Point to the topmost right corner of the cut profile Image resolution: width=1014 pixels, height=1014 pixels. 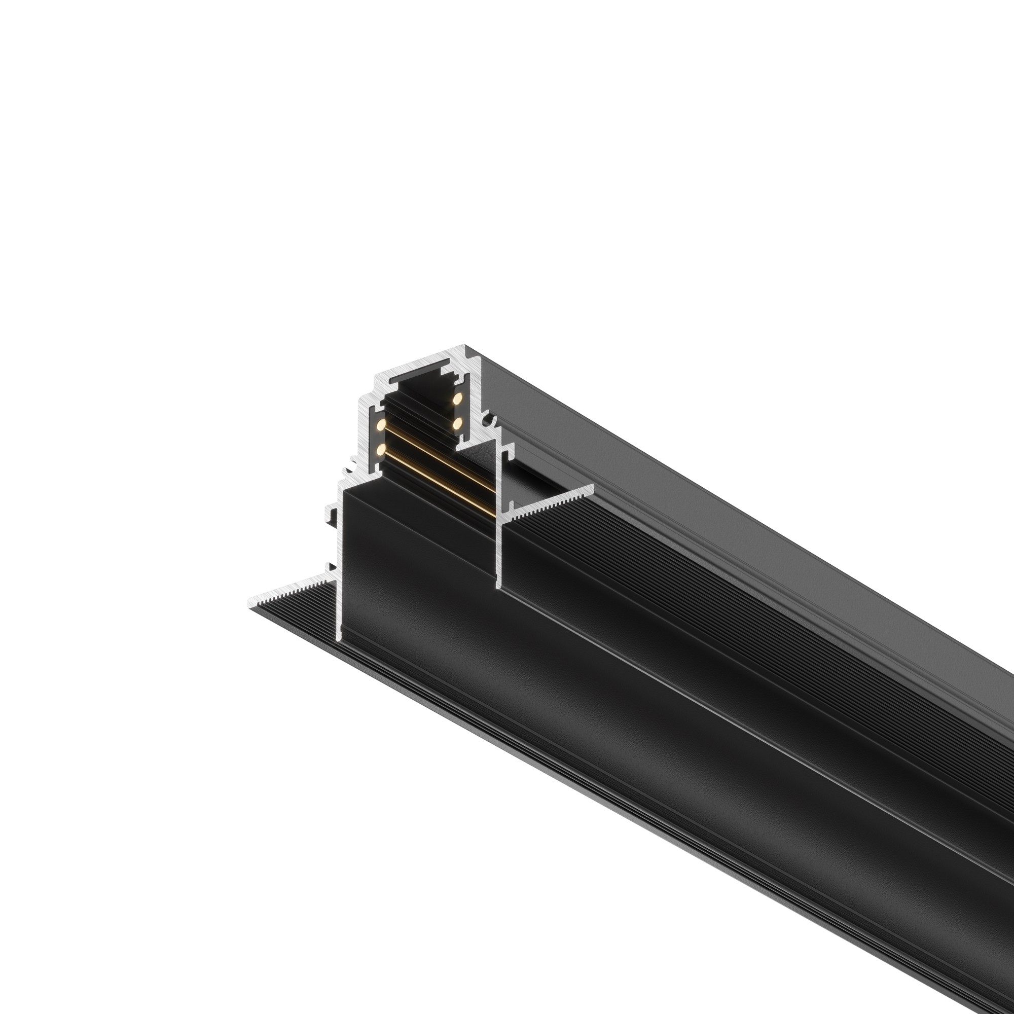coord(465,346)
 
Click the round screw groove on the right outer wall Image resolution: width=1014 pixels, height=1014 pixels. coord(491,420)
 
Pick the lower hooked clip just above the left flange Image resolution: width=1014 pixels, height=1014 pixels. coord(330,567)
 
